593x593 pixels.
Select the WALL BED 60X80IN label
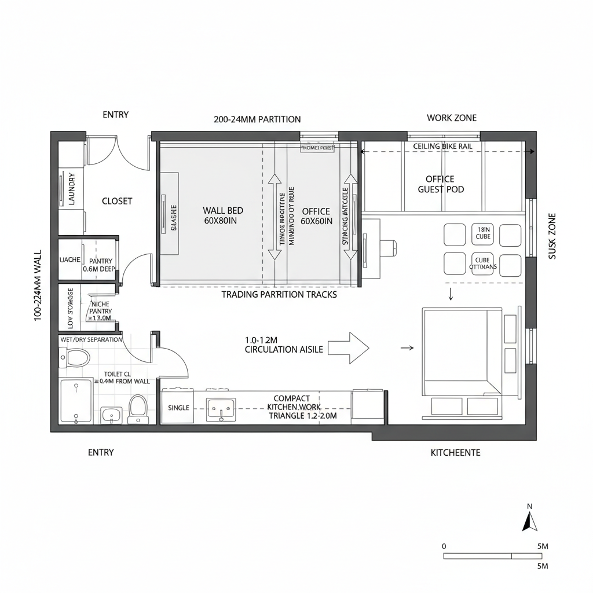(223, 215)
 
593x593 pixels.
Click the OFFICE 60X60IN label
(316, 215)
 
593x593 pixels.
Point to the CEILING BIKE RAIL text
(442, 147)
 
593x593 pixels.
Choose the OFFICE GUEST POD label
(440, 184)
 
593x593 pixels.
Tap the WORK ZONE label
(452, 118)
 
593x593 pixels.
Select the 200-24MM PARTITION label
(257, 119)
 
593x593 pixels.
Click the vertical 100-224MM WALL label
(38, 285)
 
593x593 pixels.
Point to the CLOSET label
(117, 202)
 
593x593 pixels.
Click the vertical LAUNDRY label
(72, 189)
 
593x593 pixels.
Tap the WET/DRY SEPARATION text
(91, 339)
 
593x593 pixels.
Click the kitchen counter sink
(221, 408)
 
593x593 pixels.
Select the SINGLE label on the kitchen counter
(178, 408)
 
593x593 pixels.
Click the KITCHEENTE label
(455, 452)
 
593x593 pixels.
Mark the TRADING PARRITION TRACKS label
(279, 295)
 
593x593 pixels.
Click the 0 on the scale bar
(444, 546)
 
